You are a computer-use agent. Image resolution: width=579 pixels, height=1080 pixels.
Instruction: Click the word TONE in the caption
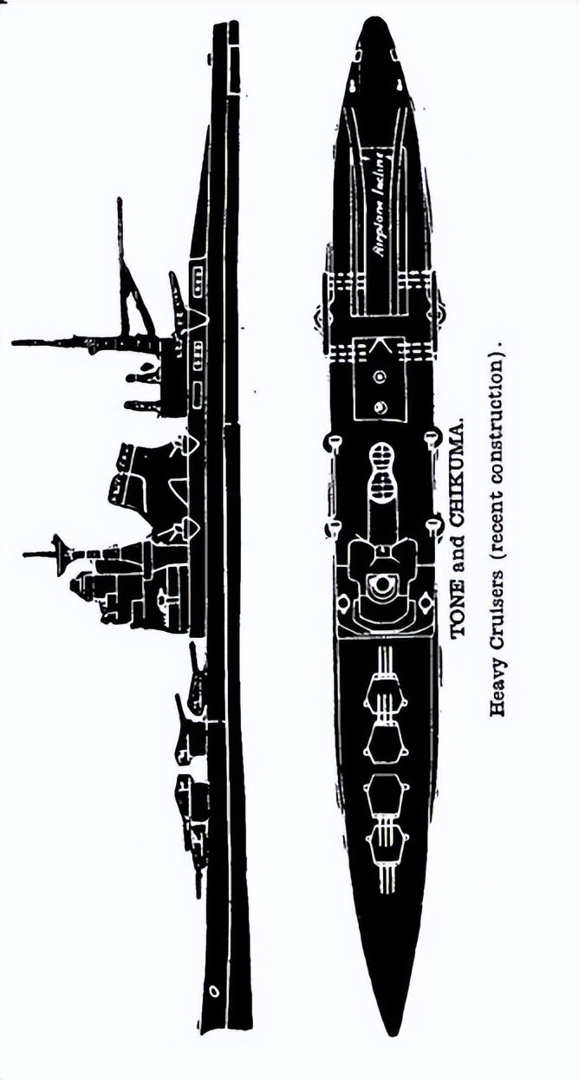coord(459,616)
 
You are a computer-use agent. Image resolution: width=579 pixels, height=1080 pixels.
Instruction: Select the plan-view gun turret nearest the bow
coord(387,846)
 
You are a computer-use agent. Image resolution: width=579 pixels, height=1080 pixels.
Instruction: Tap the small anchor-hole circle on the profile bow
coord(213,989)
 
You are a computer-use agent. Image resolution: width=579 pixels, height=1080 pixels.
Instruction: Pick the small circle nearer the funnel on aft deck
coord(380,407)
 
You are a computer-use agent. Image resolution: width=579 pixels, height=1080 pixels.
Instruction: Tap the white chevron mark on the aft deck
coord(379,347)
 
